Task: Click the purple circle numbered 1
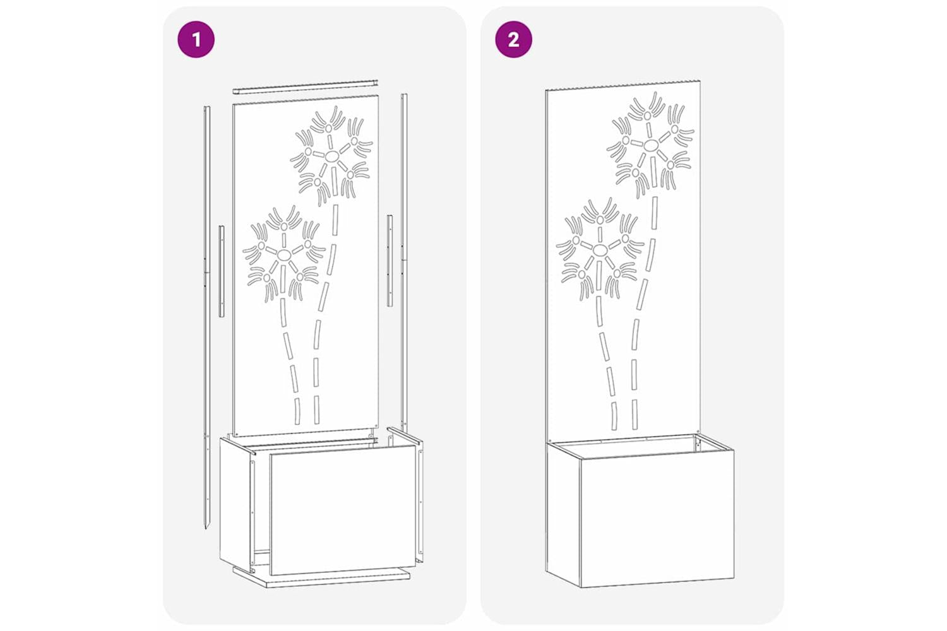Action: point(196,40)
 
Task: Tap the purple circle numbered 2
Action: point(513,40)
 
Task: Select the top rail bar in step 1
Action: point(305,86)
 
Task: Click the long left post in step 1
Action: point(206,317)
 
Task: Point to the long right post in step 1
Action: point(404,262)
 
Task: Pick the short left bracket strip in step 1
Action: point(222,271)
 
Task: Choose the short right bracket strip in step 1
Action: point(390,261)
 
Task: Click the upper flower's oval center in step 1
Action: point(332,156)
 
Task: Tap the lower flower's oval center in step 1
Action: point(283,254)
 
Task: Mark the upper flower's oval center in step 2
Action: point(651,146)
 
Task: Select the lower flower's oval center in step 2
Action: point(599,251)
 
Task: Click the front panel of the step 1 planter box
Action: point(343,509)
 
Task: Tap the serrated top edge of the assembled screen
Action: point(622,85)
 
